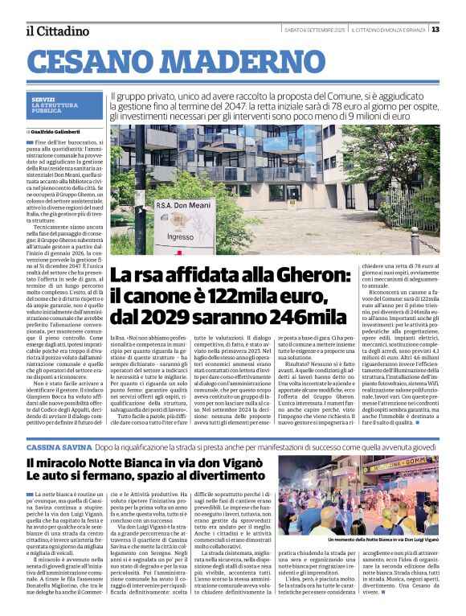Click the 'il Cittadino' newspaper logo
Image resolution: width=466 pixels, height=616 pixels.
[x=57, y=31]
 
